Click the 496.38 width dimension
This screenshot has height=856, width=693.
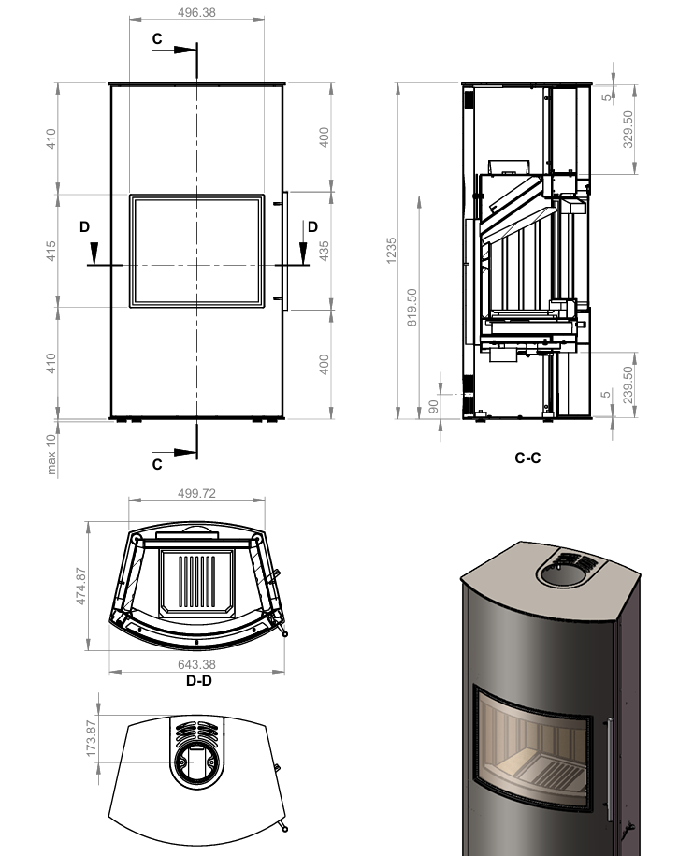(x=196, y=12)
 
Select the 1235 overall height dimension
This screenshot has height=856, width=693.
(x=391, y=251)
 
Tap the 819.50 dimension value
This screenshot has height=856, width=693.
(x=412, y=308)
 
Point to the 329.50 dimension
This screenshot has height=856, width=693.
(x=628, y=129)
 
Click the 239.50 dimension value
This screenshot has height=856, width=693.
(x=628, y=384)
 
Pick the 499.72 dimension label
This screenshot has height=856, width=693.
(x=196, y=493)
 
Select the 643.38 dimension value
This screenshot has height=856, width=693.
(x=196, y=664)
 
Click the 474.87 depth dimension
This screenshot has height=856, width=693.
(x=80, y=587)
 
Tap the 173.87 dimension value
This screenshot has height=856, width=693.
(x=91, y=739)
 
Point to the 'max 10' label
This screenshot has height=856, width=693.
(x=51, y=455)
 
